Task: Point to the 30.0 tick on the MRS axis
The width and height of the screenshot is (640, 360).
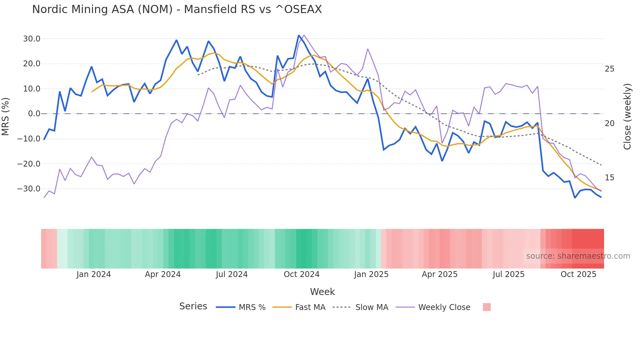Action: coord(32,39)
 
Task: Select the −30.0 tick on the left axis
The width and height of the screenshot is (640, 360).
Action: coord(29,189)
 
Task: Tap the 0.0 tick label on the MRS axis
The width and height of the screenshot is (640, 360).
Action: coord(34,114)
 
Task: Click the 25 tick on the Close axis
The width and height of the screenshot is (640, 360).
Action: coord(609,69)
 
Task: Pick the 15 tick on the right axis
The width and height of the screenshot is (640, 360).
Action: coord(609,178)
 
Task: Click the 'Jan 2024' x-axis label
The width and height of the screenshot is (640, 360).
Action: coord(94,274)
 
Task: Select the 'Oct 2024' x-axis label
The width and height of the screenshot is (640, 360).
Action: coord(301,274)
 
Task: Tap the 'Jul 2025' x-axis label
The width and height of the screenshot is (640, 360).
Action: coord(508,274)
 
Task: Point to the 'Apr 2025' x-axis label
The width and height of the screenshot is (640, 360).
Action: coord(440,274)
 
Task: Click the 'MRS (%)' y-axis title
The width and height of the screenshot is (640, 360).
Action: coord(6,116)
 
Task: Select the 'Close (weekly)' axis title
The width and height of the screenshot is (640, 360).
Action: coord(627,117)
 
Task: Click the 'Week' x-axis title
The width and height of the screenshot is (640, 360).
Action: coord(322,292)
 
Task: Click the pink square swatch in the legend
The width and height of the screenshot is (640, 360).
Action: coord(487,307)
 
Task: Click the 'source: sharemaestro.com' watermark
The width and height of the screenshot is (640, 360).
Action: coord(578,256)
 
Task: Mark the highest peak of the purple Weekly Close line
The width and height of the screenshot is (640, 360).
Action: coord(304,35)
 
